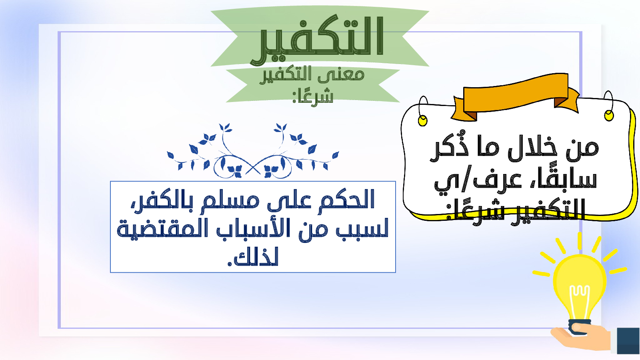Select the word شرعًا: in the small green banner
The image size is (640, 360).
[313, 96]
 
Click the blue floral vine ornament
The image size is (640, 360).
[253, 151]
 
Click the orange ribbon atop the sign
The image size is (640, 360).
[515, 97]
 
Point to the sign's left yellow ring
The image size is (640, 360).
[422, 120]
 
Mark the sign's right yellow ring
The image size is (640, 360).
[609, 116]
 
